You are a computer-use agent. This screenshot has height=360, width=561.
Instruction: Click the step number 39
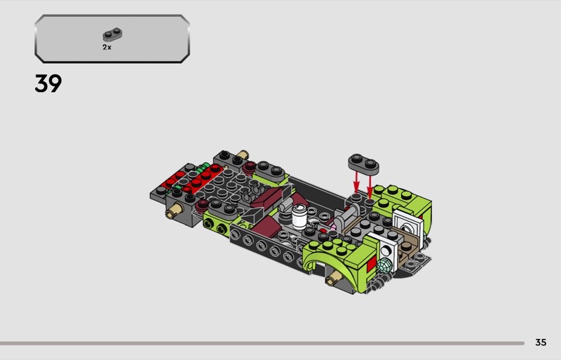point(48,84)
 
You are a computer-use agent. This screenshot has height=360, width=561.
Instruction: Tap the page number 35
point(541,342)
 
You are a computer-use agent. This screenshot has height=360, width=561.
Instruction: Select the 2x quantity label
point(107,47)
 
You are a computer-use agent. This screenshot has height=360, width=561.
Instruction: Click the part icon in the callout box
point(112,34)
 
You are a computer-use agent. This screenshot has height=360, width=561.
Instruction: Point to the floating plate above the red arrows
point(363,164)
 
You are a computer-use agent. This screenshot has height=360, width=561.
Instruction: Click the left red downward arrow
point(356,182)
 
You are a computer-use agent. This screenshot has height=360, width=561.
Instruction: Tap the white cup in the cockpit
point(299,216)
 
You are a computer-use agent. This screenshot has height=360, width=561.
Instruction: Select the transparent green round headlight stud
point(383,266)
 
